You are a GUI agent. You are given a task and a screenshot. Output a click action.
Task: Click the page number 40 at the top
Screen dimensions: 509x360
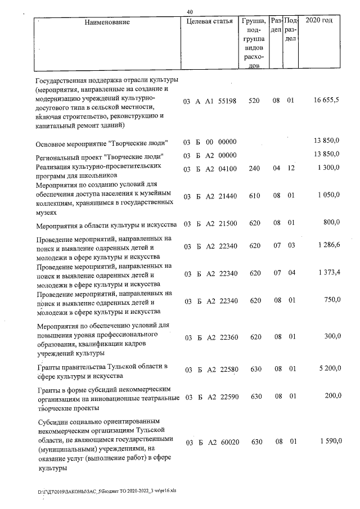pyautogui.click(x=190, y=11)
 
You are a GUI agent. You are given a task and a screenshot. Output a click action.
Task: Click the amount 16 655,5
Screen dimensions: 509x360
pyautogui.click(x=326, y=101)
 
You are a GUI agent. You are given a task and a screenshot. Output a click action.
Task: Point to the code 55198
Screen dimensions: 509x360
pyautogui.click(x=227, y=101)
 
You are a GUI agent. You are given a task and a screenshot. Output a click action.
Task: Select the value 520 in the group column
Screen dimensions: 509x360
pyautogui.click(x=254, y=101)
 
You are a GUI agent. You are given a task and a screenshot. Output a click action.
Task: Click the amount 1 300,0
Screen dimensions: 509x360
pyautogui.click(x=328, y=168)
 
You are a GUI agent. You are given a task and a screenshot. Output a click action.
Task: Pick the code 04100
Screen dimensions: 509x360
pyautogui.click(x=227, y=168)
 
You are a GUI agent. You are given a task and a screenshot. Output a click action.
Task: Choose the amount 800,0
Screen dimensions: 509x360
pyautogui.click(x=331, y=223)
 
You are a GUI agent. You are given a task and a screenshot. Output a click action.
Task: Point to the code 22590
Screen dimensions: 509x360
pyautogui.click(x=227, y=397)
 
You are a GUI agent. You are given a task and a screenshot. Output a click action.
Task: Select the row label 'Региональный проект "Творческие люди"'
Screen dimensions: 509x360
pyautogui.click(x=100, y=155)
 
